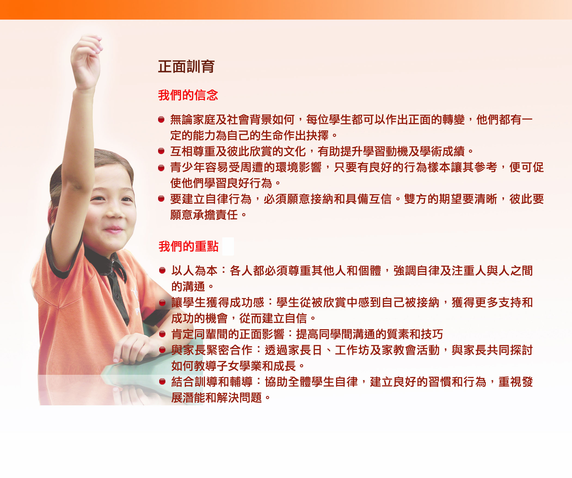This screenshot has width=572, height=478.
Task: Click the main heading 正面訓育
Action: (x=186, y=67)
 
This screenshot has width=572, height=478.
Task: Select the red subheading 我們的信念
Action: (x=188, y=95)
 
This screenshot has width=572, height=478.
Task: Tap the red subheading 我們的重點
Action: (x=189, y=246)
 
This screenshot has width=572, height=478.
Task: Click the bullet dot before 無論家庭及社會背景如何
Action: (x=161, y=119)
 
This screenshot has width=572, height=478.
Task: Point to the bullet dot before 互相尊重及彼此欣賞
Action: (x=161, y=151)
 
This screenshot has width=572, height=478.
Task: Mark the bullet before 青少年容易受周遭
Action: (x=161, y=168)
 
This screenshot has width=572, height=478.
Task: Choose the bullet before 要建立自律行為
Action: (x=161, y=199)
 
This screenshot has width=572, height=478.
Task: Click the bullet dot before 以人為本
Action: (x=162, y=270)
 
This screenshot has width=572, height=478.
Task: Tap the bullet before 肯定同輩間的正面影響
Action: (x=162, y=334)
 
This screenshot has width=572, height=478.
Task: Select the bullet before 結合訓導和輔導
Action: (x=162, y=381)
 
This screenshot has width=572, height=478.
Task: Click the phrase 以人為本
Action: (x=194, y=271)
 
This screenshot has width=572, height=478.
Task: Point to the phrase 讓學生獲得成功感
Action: (x=218, y=302)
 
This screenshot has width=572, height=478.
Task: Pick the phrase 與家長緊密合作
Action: (x=212, y=350)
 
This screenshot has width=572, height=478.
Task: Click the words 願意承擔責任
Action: (x=204, y=215)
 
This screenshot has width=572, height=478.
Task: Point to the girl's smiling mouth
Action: (x=114, y=229)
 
